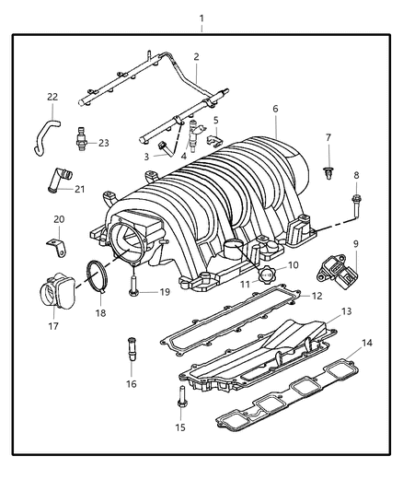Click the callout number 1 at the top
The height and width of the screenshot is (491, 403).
[201, 18]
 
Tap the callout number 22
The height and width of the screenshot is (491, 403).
[52, 97]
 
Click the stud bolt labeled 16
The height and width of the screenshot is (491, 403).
[131, 354]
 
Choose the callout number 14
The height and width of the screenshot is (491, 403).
[367, 343]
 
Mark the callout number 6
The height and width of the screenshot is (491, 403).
[275, 109]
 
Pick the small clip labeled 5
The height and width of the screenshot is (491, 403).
[211, 139]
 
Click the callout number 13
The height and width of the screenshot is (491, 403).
[346, 311]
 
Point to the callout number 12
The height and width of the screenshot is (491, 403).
[317, 297]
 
